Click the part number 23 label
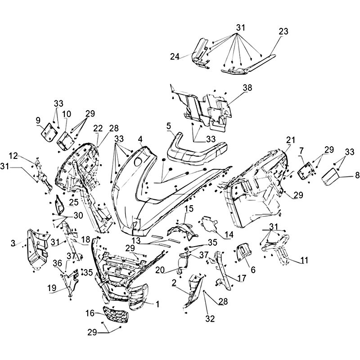[283, 31]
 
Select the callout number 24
[175, 57]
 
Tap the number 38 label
[247, 88]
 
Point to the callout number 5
[169, 126]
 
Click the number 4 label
[140, 139]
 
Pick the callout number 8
[357, 175]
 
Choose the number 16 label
[90, 313]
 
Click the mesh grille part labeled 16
[116, 315]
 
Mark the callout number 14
[229, 234]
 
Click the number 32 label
[210, 319]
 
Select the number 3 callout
[13, 243]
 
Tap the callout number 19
[52, 288]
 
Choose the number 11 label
[304, 261]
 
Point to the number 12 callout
[13, 156]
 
